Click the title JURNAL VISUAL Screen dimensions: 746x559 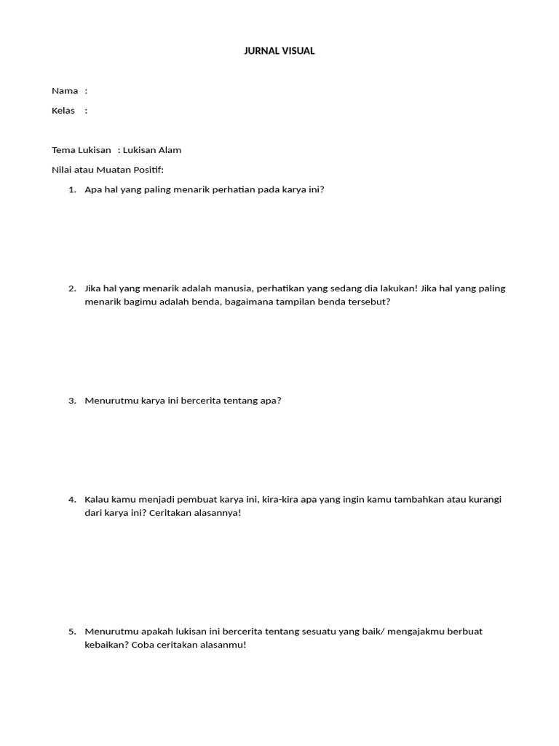pyautogui.click(x=279, y=51)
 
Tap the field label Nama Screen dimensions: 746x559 pyautogui.click(x=65, y=91)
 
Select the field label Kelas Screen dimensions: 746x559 pyautogui.click(x=63, y=111)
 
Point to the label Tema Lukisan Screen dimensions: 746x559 pyautogui.click(x=82, y=150)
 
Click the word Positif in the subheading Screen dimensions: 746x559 pyautogui.click(x=148, y=170)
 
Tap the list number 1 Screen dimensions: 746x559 pyautogui.click(x=71, y=189)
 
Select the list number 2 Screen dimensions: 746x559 pyautogui.click(x=71, y=288)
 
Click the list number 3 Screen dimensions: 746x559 pyautogui.click(x=71, y=400)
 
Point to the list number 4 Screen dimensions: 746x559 pyautogui.click(x=71, y=499)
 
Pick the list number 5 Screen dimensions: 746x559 pyautogui.click(x=71, y=631)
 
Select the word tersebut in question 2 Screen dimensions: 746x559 pyautogui.click(x=369, y=302)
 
